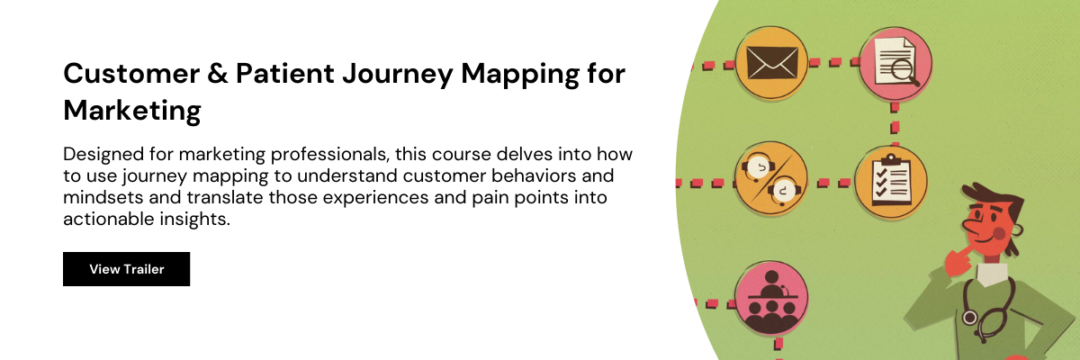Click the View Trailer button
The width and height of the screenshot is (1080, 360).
[x=126, y=269]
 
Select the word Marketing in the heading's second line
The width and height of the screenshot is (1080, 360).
[x=131, y=112]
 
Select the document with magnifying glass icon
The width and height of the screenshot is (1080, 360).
[x=895, y=61]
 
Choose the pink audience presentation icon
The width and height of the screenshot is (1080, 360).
[x=771, y=296]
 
